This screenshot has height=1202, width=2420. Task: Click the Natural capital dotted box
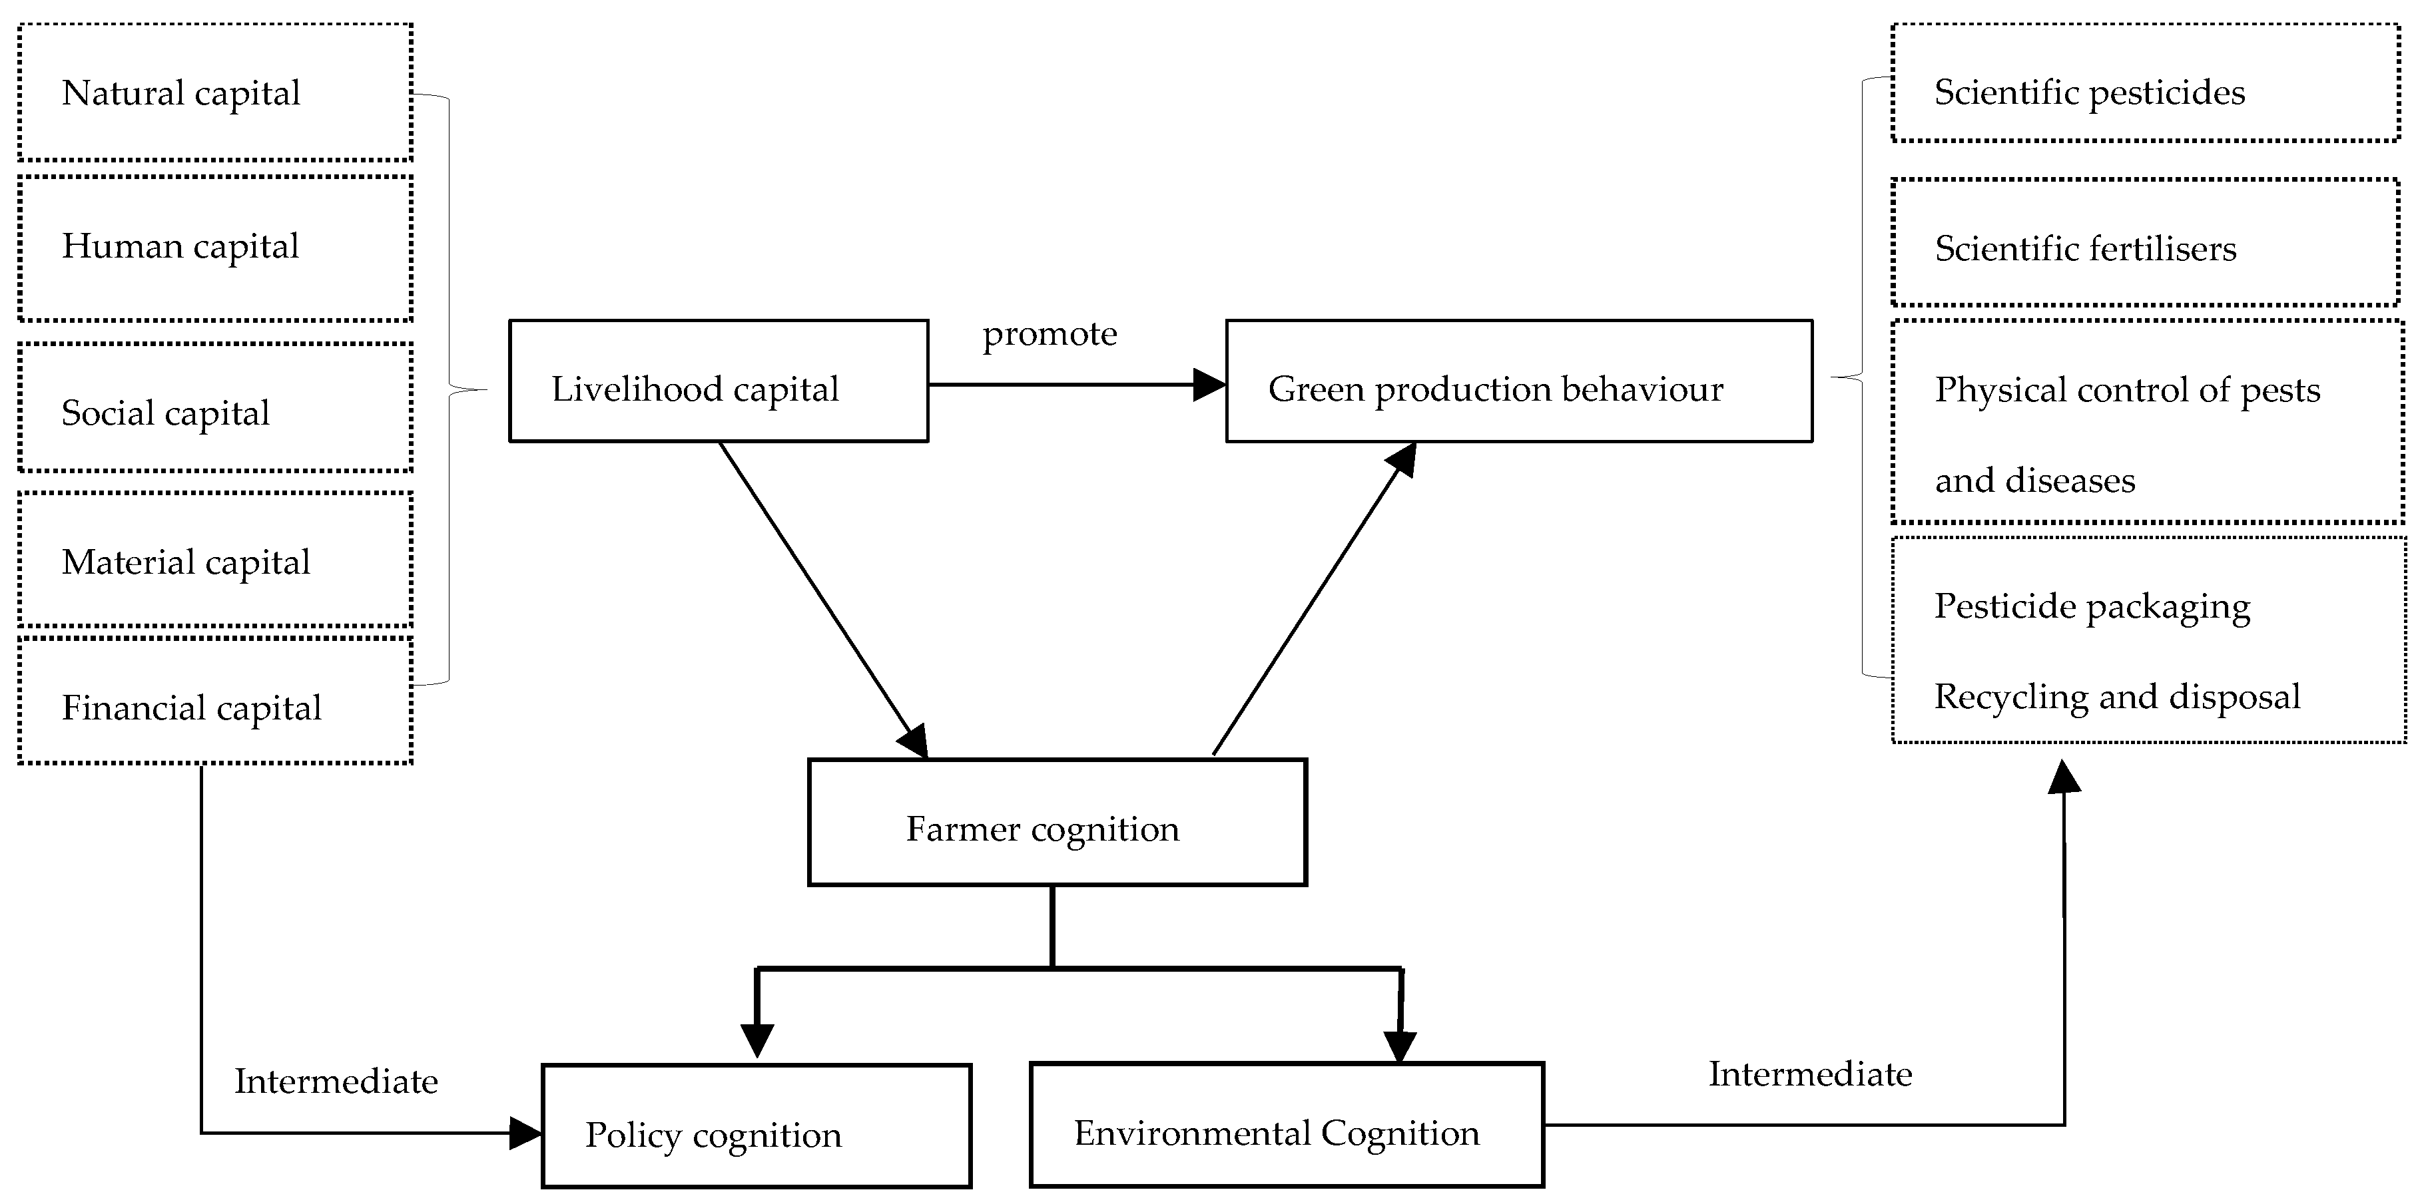[x=214, y=92]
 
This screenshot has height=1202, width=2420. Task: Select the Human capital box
[x=214, y=248]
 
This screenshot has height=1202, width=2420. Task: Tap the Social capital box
[x=214, y=407]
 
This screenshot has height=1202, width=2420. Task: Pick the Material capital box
[x=214, y=560]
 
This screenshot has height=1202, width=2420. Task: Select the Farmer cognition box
[x=1057, y=823]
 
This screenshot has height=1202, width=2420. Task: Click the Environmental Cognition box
[x=1286, y=1125]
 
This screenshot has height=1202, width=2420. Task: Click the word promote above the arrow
[x=1050, y=334]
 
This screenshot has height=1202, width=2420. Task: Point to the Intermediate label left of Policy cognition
[x=336, y=1082]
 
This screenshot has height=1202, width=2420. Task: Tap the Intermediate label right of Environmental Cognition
[x=1809, y=1074]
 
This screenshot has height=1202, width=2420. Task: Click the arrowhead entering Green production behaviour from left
[x=1210, y=385]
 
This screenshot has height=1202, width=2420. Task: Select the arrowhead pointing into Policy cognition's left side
[x=526, y=1133]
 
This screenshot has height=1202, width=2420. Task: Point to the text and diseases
[x=2035, y=481]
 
